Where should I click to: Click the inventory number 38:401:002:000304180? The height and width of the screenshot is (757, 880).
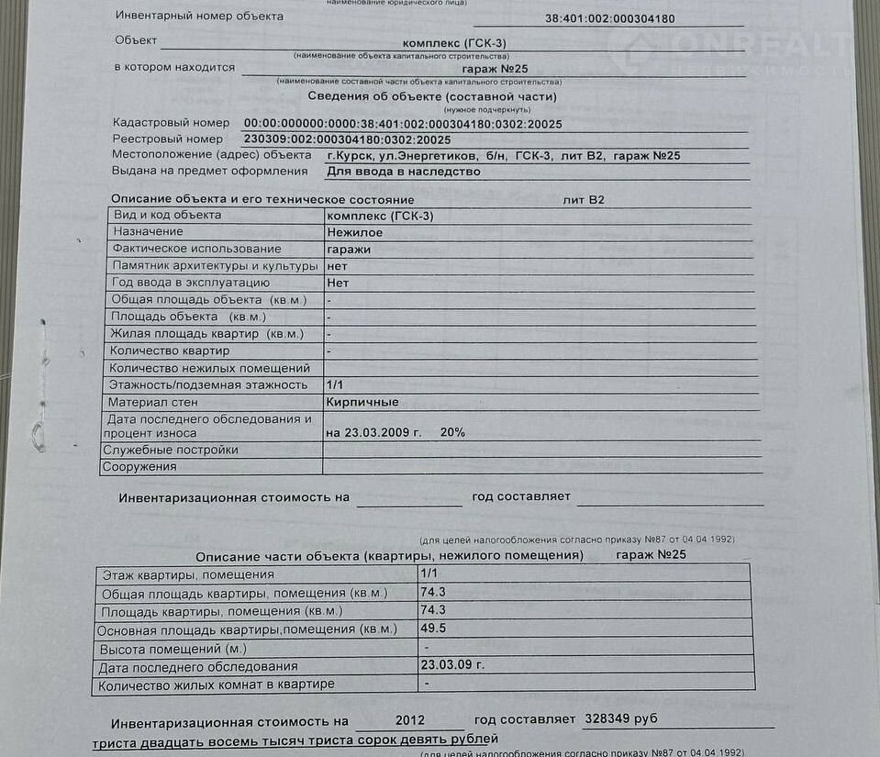pos(609,18)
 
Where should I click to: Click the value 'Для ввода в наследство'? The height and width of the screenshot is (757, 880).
pos(404,172)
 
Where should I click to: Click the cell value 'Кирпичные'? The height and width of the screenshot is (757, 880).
pos(362,402)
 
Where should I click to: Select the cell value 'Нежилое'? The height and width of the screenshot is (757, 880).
pos(355,232)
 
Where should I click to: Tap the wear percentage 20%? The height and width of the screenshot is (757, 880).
pos(452,432)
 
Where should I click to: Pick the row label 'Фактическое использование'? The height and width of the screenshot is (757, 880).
pos(196,249)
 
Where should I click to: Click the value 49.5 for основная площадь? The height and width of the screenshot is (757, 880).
pos(433,629)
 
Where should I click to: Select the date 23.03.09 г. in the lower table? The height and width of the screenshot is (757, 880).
pos(451,665)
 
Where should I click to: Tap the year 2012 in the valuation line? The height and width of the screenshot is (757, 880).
pos(410,720)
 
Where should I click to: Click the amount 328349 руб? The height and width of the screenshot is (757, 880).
pos(621,718)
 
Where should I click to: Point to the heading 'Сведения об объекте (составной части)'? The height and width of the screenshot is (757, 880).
pos(431,96)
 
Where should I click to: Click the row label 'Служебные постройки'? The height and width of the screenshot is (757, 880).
pos(158,450)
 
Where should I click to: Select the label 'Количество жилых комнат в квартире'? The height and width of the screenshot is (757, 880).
pos(217,685)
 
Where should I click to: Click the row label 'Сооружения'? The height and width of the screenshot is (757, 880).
pos(139,466)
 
